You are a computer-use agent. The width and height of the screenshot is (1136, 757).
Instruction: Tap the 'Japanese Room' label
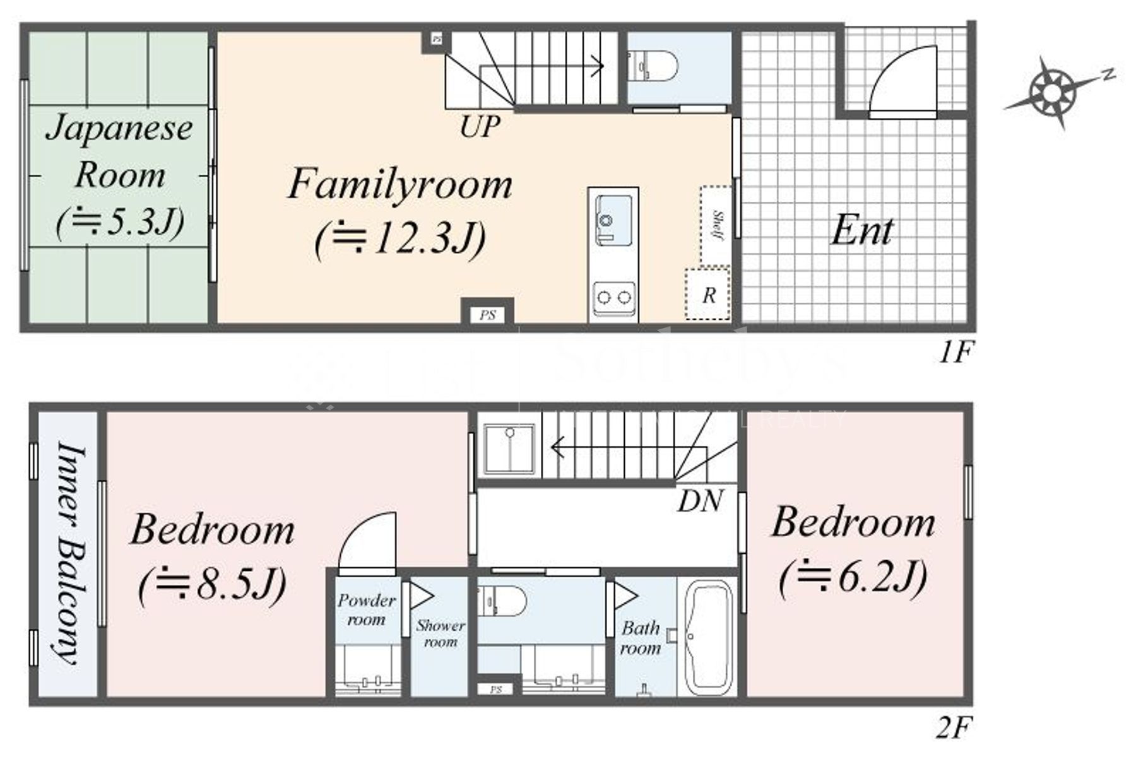120,151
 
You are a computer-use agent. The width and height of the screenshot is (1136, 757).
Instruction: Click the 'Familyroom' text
399,185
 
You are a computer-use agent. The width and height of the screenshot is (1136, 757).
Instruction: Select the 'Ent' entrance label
861,231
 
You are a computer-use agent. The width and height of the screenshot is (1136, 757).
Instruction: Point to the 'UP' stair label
480,127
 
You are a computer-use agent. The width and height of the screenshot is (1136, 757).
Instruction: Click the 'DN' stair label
701,501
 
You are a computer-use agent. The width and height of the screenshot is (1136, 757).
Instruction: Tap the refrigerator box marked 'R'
708,295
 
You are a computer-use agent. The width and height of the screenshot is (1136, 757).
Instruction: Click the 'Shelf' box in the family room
716,225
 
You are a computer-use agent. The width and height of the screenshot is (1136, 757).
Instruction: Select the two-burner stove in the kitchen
613,297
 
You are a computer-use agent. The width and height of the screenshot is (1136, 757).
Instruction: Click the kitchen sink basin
613,218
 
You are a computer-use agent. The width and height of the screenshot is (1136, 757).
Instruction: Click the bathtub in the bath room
707,637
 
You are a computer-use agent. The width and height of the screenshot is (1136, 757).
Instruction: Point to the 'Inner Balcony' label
68,554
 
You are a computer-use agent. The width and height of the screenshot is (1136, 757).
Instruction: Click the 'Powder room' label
366,609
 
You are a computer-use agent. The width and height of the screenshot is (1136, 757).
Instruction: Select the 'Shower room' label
440,633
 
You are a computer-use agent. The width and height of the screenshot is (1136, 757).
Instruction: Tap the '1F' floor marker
956,352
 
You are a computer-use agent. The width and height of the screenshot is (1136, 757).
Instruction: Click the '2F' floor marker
952,729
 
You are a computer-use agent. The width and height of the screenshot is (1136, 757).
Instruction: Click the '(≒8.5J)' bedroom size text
213,585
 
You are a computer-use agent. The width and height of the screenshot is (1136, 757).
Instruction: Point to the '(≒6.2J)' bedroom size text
853,577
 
